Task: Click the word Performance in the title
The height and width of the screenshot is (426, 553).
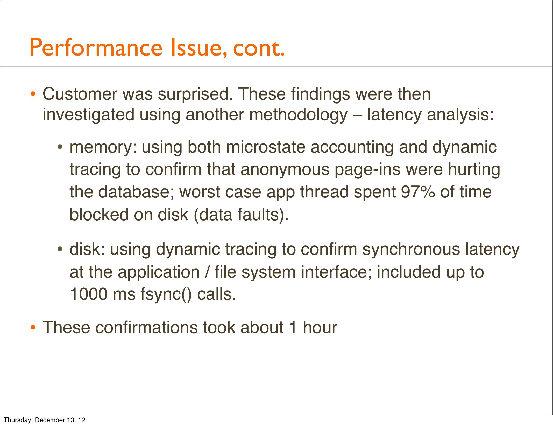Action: point(96,47)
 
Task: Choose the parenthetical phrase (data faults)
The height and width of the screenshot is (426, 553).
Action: point(241,215)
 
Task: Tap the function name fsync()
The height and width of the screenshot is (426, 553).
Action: point(166,294)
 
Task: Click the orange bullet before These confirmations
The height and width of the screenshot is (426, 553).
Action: point(33,328)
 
